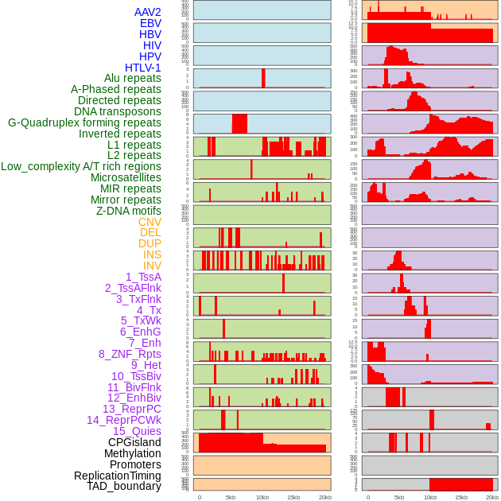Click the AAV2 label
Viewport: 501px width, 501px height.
click(x=148, y=13)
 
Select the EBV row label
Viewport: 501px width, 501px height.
click(x=150, y=24)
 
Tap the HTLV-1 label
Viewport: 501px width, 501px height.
click(x=143, y=68)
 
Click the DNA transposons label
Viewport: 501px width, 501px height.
click(x=118, y=111)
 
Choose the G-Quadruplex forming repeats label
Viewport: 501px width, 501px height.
click(x=84, y=122)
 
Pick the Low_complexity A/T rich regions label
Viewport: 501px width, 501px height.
click(x=81, y=166)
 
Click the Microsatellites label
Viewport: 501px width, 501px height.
click(x=126, y=177)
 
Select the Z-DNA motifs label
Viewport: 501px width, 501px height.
click(x=129, y=211)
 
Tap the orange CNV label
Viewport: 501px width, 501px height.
click(x=150, y=222)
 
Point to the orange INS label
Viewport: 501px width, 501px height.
click(x=152, y=254)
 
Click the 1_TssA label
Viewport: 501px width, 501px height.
click(x=143, y=277)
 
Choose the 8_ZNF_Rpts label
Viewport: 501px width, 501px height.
click(x=130, y=354)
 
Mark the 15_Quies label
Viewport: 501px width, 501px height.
click(x=137, y=431)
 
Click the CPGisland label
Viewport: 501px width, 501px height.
click(x=134, y=442)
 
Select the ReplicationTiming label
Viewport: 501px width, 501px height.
click(x=118, y=476)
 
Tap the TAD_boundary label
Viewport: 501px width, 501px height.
click(x=124, y=486)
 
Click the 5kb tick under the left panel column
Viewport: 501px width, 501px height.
click(x=231, y=497)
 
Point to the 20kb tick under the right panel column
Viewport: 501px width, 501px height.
click(x=492, y=497)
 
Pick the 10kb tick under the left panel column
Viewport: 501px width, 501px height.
click(x=262, y=497)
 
